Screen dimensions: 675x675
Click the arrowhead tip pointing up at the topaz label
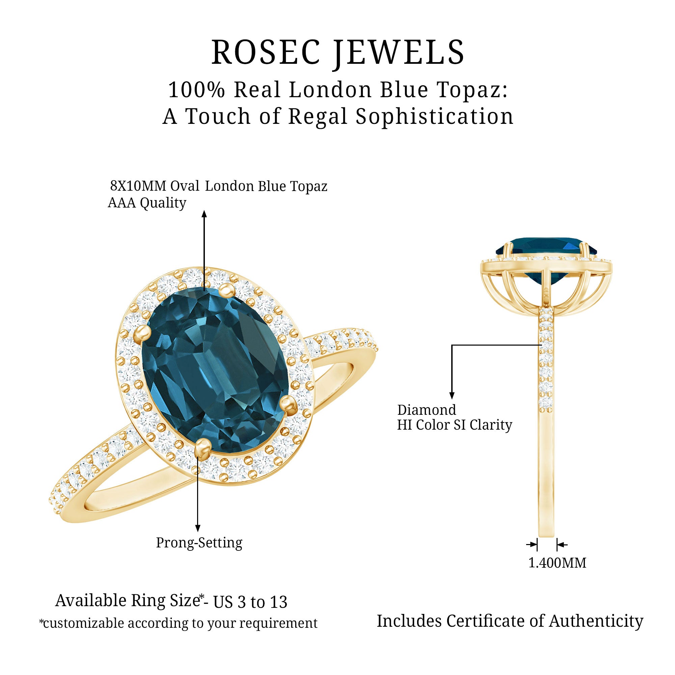click(205, 211)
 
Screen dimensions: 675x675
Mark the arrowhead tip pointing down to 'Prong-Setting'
click(198, 532)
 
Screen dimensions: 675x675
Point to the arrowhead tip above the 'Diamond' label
click(452, 399)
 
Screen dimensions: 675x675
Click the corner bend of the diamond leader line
click(452, 345)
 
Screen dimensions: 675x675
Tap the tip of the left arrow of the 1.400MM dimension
click(537, 544)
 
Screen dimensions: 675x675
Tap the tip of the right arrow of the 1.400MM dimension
click(557, 544)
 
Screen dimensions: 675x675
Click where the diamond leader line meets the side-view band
click(541, 345)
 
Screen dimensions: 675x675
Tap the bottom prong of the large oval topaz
click(203, 447)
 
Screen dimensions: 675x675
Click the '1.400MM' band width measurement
click(557, 563)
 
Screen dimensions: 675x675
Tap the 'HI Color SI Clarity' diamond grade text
click(455, 425)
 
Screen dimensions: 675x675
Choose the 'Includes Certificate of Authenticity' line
click(510, 622)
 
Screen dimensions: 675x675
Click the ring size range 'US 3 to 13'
click(250, 602)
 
